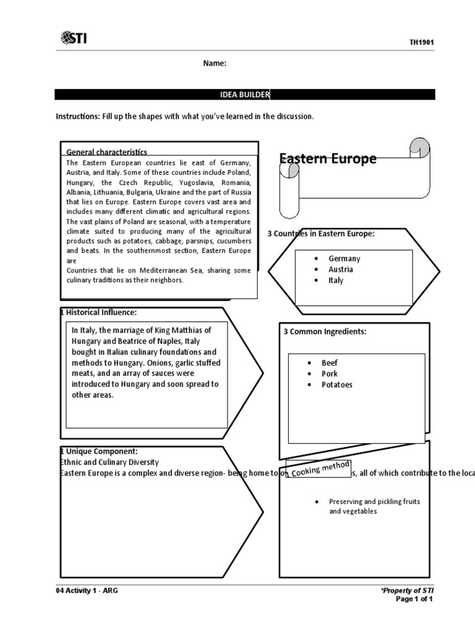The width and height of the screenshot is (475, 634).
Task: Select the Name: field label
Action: [215, 63]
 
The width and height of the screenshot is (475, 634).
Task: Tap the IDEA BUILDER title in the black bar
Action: [245, 94]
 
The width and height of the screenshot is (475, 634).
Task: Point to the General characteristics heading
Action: [106, 152]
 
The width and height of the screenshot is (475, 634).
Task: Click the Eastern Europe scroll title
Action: [328, 159]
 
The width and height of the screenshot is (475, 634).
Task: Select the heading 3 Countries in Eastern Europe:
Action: [320, 233]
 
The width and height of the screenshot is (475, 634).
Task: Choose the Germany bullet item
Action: [344, 259]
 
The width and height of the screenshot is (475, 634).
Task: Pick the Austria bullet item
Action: [341, 269]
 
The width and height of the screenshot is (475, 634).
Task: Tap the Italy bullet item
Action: [336, 280]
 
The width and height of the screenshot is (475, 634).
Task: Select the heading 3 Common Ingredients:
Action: [325, 331]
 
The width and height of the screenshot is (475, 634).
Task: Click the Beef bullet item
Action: [330, 363]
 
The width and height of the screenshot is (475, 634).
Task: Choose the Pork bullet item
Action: [330, 373]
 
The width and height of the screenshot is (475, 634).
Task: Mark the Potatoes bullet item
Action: [337, 384]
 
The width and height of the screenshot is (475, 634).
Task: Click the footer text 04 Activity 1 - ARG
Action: [87, 591]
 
